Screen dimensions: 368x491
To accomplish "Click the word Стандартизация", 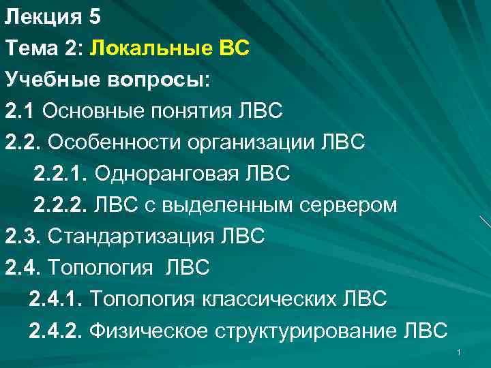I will tap(129, 236).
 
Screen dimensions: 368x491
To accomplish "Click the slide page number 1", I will tap(460, 352).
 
